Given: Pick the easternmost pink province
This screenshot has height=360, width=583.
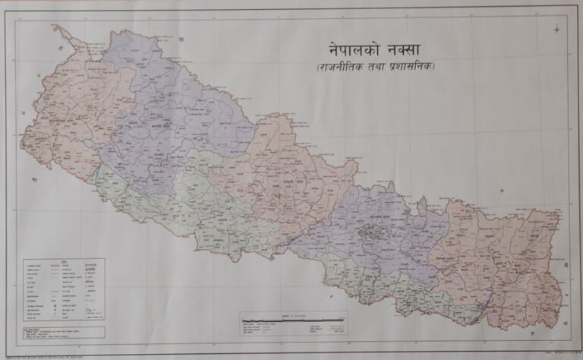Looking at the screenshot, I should click(x=501, y=258).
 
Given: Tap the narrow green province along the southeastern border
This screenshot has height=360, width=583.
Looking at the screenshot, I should click(x=395, y=289).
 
